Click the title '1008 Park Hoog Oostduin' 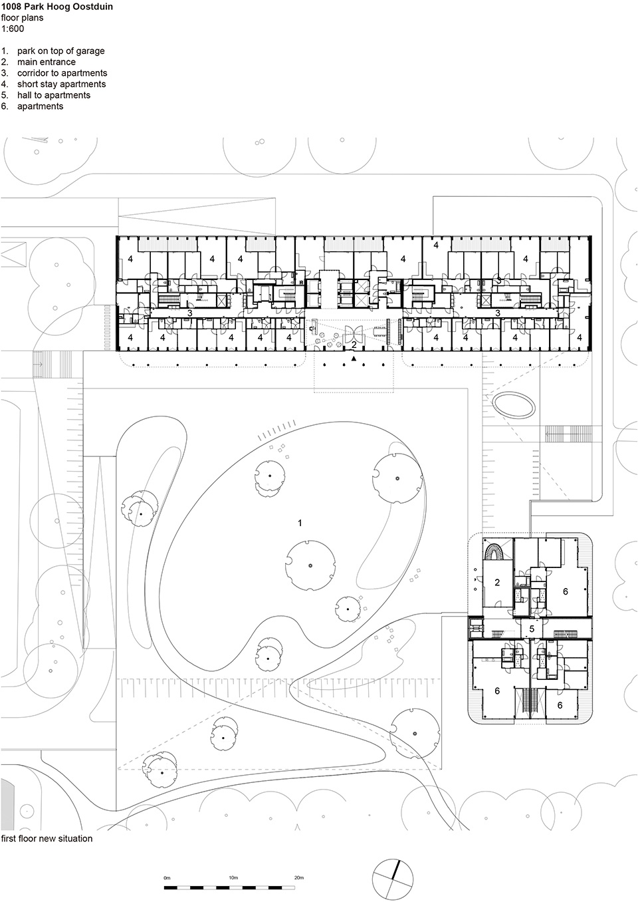click(x=57, y=7)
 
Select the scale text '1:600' click(x=13, y=29)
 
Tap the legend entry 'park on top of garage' click(x=60, y=51)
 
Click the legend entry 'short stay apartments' click(x=62, y=84)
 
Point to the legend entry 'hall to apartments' click(x=54, y=95)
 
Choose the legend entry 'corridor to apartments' click(x=62, y=73)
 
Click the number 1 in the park click(x=300, y=523)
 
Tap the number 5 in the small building click(x=532, y=629)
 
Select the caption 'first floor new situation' click(x=47, y=838)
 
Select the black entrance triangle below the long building click(x=354, y=359)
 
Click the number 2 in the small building click(x=497, y=582)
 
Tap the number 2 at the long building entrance click(x=354, y=345)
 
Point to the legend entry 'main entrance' click(x=47, y=62)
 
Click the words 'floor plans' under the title click(x=22, y=18)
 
